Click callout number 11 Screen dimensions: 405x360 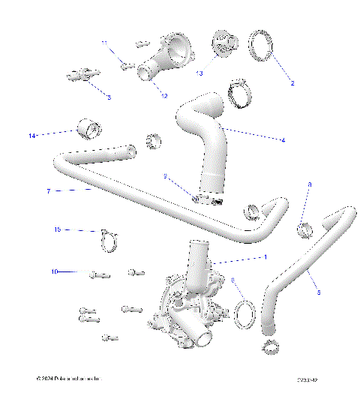coord(104,43)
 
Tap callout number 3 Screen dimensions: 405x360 coord(109,97)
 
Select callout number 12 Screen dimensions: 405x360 coord(163,95)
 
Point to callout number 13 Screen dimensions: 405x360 coord(199,74)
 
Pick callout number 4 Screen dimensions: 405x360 coord(283,139)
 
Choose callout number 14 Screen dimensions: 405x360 coord(32,136)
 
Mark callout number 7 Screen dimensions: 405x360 coord(49,192)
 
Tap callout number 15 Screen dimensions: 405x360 coord(56,229)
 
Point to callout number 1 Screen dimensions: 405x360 coord(264,256)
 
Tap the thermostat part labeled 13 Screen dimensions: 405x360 coord(223,43)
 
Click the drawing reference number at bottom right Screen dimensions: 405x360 coord(307,381)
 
